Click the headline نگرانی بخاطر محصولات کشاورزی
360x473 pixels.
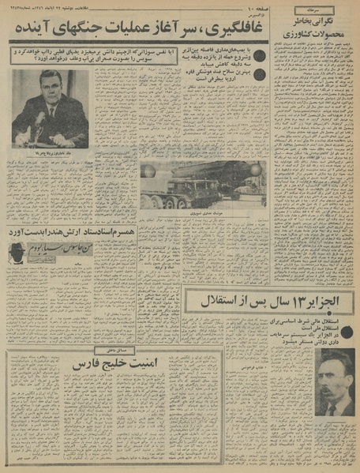click(312, 27)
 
